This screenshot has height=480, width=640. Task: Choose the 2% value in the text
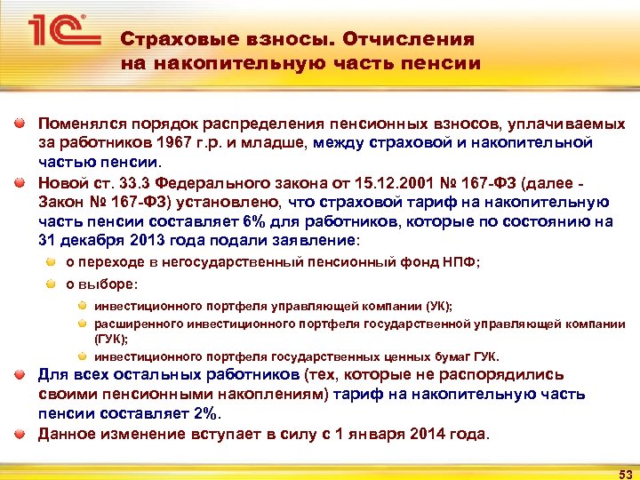(205, 413)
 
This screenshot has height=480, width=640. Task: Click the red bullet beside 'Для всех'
(20, 374)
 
